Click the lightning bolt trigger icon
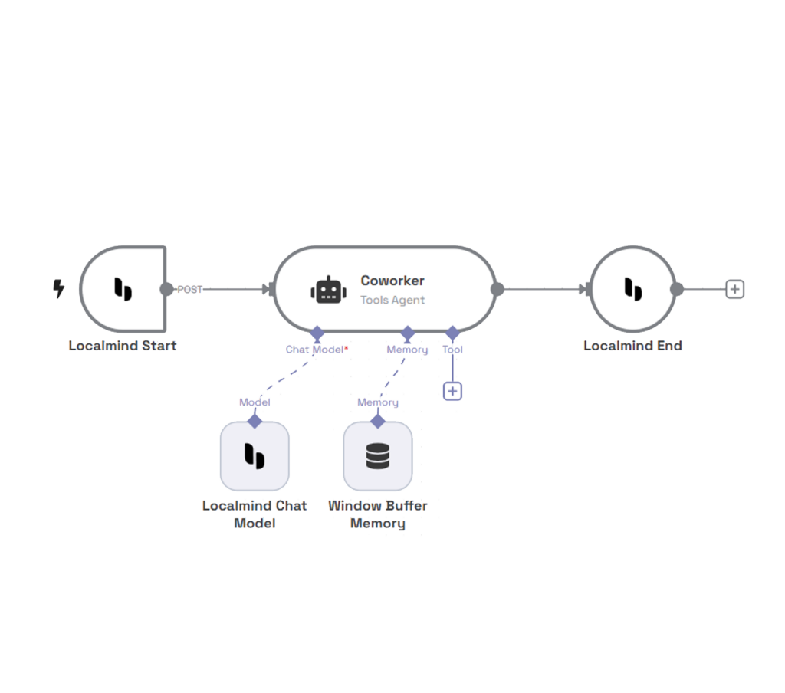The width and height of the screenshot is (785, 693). coord(58,289)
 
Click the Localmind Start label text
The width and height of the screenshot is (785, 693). coord(123,346)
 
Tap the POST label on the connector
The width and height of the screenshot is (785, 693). coord(190,290)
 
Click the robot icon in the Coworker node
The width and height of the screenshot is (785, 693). coord(325,290)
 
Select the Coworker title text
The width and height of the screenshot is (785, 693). coord(392,281)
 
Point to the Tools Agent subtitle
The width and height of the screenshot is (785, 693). coord(392,300)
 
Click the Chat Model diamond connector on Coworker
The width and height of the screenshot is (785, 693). coord(317,333)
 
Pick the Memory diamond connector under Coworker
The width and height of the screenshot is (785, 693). coord(408,333)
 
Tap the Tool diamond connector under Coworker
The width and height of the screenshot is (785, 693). coord(452,333)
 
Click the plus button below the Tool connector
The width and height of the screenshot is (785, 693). coord(452,391)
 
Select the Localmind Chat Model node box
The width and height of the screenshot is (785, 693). coord(255,456)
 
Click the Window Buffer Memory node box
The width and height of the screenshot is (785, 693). coord(377,456)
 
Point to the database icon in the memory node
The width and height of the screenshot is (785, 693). coord(377,456)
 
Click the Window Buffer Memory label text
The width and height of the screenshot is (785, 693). coord(377,514)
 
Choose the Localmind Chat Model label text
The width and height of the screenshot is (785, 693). coord(255,514)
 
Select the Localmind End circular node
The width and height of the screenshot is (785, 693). coord(632,289)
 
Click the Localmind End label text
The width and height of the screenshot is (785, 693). coord(632,346)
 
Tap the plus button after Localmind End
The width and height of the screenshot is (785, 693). coord(734,289)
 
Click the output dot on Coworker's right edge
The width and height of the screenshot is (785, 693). coord(498,289)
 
